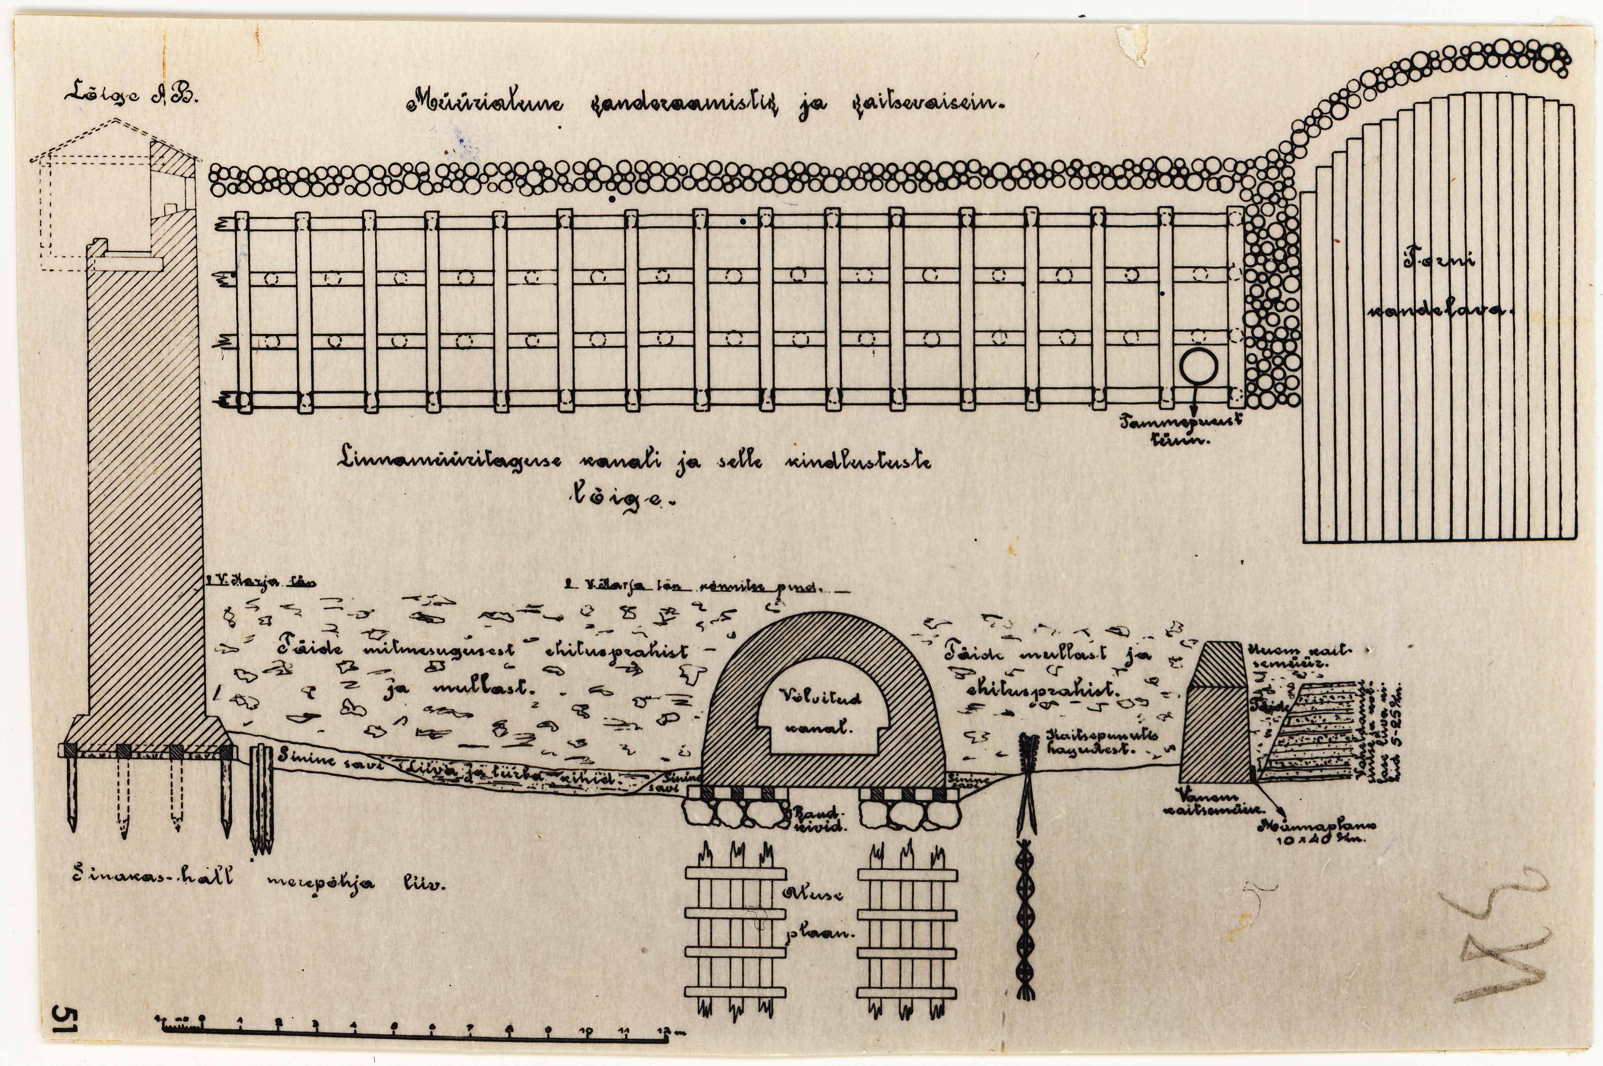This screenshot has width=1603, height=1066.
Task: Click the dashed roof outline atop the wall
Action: click(112, 136)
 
